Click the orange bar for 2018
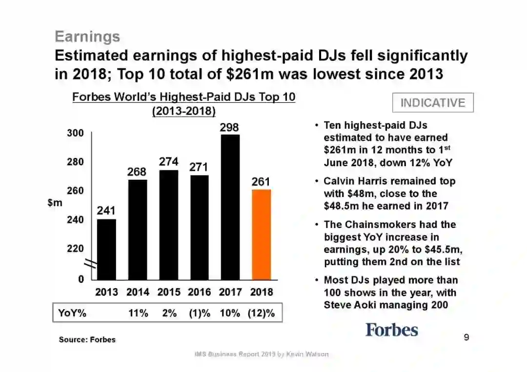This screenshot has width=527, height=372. [x=261, y=234]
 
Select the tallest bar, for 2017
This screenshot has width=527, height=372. [x=230, y=207]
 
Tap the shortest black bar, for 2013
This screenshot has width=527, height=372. [x=106, y=249]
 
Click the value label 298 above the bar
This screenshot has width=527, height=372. [x=229, y=127]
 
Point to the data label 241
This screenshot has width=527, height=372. [x=106, y=211]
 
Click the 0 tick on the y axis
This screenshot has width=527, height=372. [x=81, y=279]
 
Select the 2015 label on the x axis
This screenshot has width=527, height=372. [x=169, y=292]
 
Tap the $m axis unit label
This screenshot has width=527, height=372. [x=55, y=203]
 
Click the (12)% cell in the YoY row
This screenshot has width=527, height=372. [x=261, y=313]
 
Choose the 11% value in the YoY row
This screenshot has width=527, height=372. [x=138, y=313]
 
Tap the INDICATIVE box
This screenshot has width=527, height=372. [x=433, y=102]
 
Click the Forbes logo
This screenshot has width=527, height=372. [x=392, y=330]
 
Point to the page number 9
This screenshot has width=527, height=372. [x=466, y=337]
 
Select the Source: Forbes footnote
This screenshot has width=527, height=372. [x=87, y=339]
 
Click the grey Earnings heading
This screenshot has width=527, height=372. [x=87, y=37]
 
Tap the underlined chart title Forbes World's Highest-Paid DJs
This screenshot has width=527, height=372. [x=183, y=97]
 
